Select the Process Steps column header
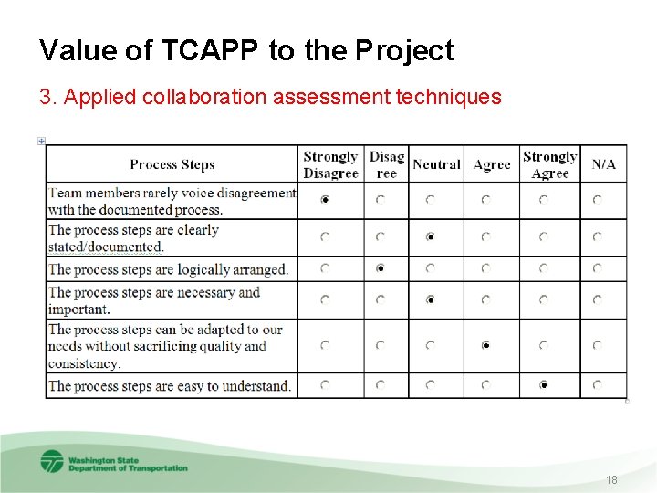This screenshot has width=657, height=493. pyautogui.click(x=172, y=164)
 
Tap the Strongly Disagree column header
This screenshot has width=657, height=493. pyautogui.click(x=329, y=164)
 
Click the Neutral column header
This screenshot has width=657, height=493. pyautogui.click(x=436, y=164)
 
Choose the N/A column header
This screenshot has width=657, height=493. pyautogui.click(x=603, y=164)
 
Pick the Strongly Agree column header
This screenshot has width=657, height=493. pyautogui.click(x=549, y=164)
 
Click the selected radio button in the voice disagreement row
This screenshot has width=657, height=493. pyautogui.click(x=326, y=199)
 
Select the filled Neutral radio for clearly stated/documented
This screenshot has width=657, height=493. pyautogui.click(x=430, y=236)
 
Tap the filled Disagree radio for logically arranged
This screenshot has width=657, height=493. pyautogui.click(x=381, y=268)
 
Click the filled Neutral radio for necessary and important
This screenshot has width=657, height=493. pyautogui.click(x=430, y=299)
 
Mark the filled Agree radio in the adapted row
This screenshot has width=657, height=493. pyautogui.click(x=486, y=345)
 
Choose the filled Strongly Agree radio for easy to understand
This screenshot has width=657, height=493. pyautogui.click(x=544, y=385)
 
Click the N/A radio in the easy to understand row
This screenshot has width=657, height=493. pyautogui.click(x=597, y=385)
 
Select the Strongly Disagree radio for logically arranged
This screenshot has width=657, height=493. pyautogui.click(x=326, y=268)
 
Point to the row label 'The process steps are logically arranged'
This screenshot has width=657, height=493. pyautogui.click(x=168, y=269)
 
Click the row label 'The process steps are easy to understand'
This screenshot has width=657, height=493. pyautogui.click(x=170, y=386)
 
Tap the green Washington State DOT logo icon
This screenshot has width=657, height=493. pyautogui.click(x=52, y=462)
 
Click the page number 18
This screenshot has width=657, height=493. pyautogui.click(x=610, y=480)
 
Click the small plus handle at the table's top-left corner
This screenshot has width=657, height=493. pyautogui.click(x=42, y=141)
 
